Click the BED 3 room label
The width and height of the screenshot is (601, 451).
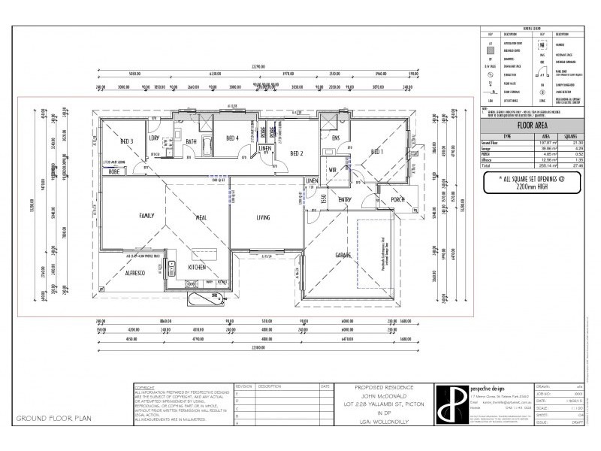[127, 141]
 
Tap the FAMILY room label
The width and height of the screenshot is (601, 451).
[146, 215]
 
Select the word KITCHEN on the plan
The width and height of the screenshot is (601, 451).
[198, 267]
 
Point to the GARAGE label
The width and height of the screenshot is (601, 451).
[343, 255]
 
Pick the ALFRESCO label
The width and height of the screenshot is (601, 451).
[135, 274]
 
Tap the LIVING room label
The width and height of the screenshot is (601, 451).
[263, 217]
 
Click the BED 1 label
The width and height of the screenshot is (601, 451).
[376, 151]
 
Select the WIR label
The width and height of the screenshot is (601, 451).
[332, 170]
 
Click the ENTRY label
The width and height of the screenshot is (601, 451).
[345, 199]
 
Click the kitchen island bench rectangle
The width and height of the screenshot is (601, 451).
[202, 250]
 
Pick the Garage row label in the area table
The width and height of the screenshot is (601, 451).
[489, 149]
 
